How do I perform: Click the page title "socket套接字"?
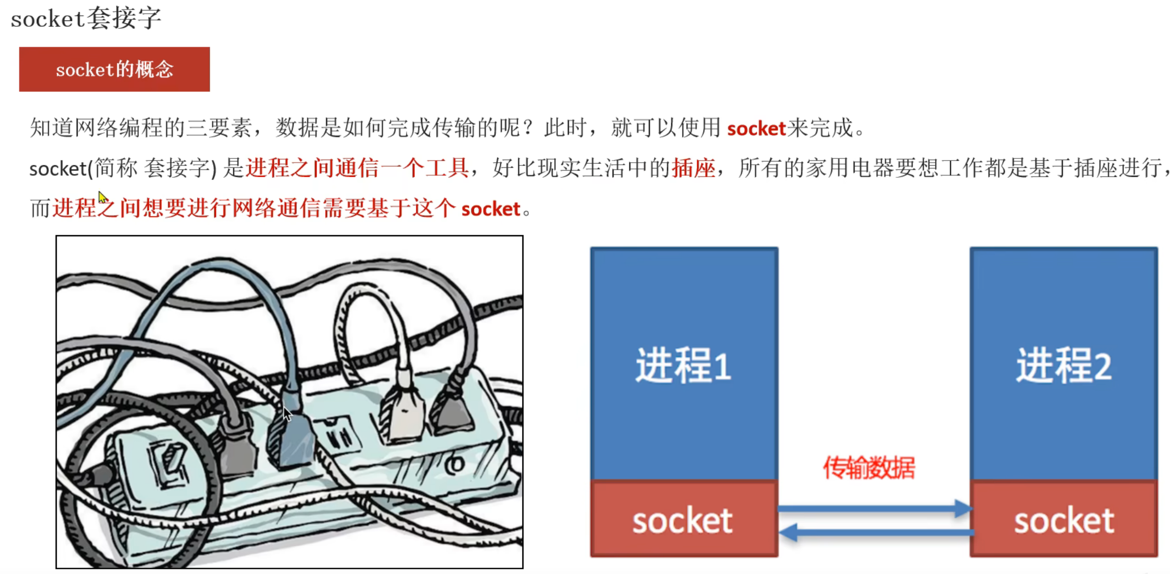[x=86, y=18]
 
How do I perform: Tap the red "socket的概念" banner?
[x=114, y=69]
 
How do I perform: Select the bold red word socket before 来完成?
[x=756, y=128]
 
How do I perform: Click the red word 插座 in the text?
[x=693, y=168]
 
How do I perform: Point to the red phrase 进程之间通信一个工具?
[x=357, y=168]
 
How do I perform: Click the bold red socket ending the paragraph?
[x=490, y=209]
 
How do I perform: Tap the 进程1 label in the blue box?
[x=683, y=366]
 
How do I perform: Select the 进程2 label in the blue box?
[x=1064, y=366]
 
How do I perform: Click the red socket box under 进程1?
[x=684, y=518]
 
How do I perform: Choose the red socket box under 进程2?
[x=1064, y=518]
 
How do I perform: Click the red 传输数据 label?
[x=869, y=467]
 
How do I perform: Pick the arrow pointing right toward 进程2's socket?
[x=874, y=508]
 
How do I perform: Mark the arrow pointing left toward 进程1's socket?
[x=876, y=533]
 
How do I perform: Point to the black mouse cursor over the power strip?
[x=287, y=413]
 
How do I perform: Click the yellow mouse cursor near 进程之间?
[x=102, y=197]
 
